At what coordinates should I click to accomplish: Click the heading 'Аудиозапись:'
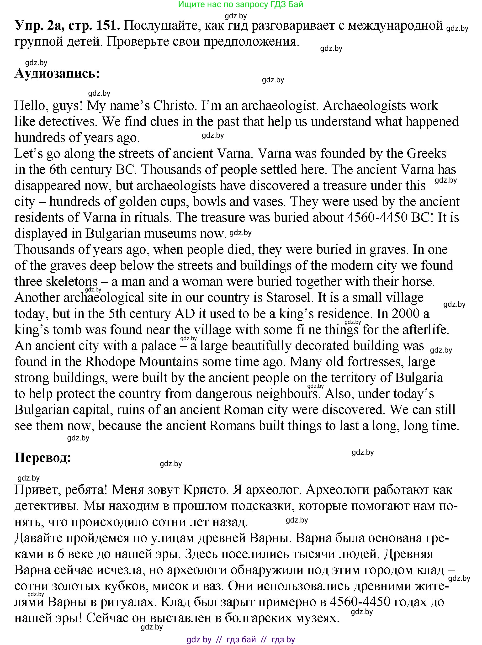click(x=57, y=74)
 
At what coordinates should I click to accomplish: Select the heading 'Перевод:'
click(x=43, y=458)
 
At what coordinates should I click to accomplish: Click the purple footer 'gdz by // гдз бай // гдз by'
click(x=241, y=640)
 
